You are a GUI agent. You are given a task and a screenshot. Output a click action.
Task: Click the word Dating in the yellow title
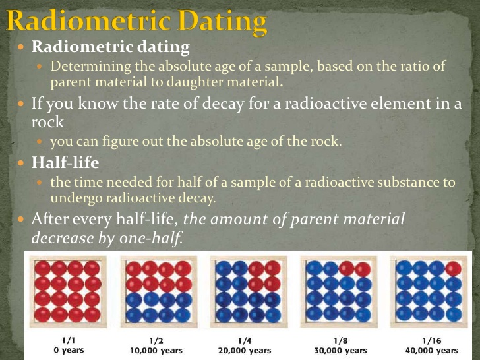[x=223, y=22]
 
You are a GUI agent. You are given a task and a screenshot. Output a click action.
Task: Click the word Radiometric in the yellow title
[x=88, y=20]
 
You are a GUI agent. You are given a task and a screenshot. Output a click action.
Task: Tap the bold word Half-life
[x=65, y=162]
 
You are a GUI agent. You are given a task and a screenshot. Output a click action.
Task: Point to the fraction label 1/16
[x=431, y=340]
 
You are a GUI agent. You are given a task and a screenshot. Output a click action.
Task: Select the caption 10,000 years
[x=156, y=351]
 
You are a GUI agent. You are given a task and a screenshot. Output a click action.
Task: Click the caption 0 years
[x=69, y=350]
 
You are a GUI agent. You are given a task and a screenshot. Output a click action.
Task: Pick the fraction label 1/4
[x=245, y=340]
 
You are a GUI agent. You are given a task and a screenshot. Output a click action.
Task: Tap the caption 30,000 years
[x=340, y=351]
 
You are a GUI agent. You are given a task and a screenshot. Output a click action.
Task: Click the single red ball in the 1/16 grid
[x=454, y=268]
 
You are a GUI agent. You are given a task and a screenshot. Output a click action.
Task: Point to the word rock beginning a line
[x=47, y=122]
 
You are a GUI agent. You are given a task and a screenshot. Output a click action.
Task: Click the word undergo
[x=76, y=198]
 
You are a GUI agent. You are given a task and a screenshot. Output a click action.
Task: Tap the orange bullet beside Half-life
[x=21, y=163]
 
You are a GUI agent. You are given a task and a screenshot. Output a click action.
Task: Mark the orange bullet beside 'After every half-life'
[x=21, y=219]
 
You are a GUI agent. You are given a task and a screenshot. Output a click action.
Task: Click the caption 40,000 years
[x=432, y=351]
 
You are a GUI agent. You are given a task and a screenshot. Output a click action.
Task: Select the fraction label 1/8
[x=340, y=340]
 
